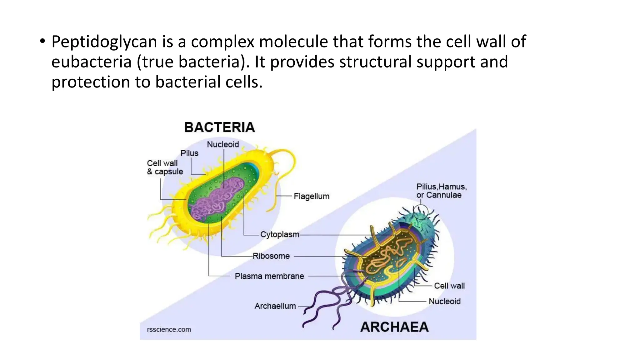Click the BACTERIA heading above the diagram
pos(219,127)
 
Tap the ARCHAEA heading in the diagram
pos(394,327)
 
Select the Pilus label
pos(189,153)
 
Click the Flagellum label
pos(312,196)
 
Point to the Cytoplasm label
pos(280,234)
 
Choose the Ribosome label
pos(271,256)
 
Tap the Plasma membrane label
pos(269,276)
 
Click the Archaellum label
pos(275,306)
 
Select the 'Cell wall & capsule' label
pos(165,167)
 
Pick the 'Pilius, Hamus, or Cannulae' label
pos(441,191)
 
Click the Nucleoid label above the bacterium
pos(223,144)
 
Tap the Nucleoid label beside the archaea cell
pos(444,301)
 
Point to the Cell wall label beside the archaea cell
pos(449,286)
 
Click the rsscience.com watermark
pos(169,329)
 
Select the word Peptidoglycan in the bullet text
pos(104,42)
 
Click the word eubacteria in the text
pos(91,62)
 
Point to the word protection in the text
pos(90,82)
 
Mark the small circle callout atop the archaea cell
pos(420,212)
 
